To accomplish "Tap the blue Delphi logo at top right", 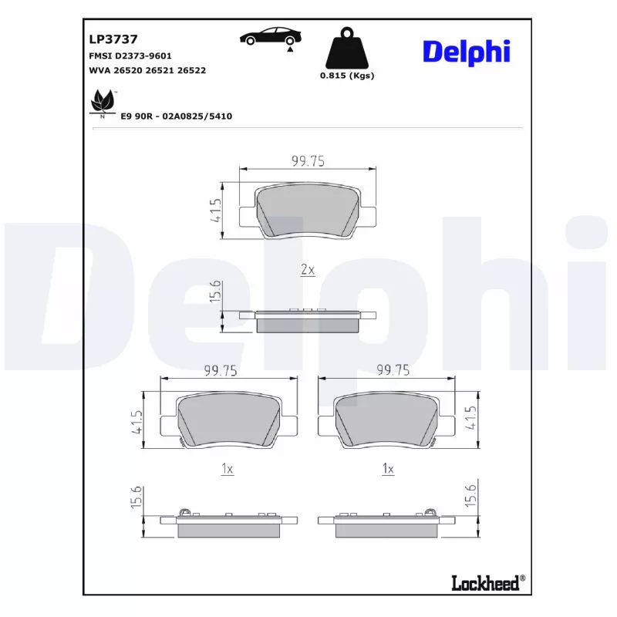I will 465,52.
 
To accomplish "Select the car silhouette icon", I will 269,37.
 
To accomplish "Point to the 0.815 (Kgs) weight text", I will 346,76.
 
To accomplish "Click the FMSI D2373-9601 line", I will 130,56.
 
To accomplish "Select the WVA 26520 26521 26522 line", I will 147,70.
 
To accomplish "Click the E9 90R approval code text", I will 176,116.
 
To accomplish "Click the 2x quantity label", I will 307,270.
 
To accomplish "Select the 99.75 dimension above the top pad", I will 307,160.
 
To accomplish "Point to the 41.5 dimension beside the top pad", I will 216,210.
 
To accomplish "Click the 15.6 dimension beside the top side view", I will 216,293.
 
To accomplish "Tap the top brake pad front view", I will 307,211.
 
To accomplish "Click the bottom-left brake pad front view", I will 228,421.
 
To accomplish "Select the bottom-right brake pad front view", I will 387,421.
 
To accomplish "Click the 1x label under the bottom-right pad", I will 388,469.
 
